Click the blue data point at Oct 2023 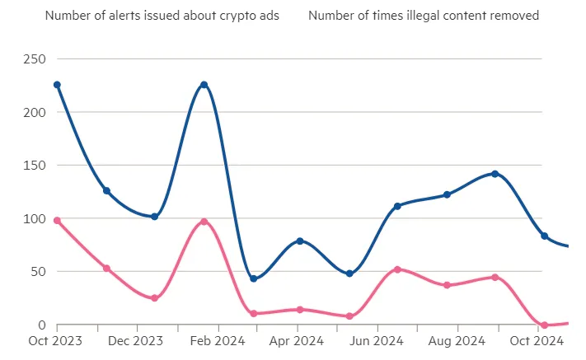pos(57,85)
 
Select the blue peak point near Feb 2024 pos(204,85)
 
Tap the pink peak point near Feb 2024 pos(204,222)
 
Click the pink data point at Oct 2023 pos(57,221)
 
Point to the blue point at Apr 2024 pos(300,241)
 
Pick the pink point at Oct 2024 pos(544,325)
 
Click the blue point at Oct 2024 pos(544,236)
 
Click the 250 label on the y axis pos(35,59)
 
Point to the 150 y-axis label pos(35,166)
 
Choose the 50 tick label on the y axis pos(38,272)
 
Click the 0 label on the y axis pos(42,325)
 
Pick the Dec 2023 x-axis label pos(137,341)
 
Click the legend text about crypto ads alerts pos(162,16)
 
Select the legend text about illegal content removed pos(424,16)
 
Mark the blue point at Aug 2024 pos(447,194)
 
